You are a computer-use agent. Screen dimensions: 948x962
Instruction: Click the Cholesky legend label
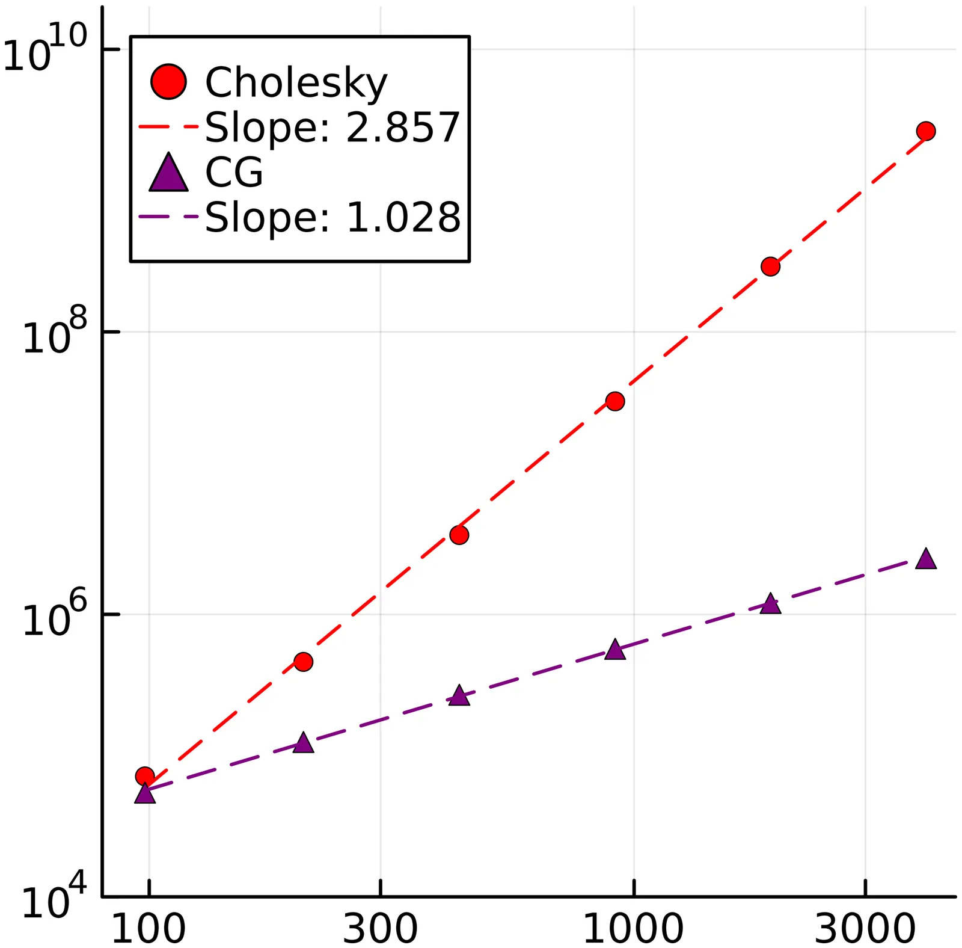tap(296, 82)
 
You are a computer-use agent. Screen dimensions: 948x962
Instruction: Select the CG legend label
tap(234, 173)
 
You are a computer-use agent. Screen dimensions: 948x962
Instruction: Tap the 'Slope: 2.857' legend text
tap(332, 128)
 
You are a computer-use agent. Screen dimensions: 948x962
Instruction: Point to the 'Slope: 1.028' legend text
tap(332, 217)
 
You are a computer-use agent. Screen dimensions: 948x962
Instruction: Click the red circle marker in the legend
tap(168, 81)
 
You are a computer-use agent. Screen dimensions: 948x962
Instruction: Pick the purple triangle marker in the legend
tap(168, 173)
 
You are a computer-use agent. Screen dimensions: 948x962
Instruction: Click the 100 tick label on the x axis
tap(149, 928)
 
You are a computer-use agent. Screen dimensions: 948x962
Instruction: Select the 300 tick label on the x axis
tap(380, 928)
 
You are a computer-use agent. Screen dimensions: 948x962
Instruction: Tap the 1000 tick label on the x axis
tap(633, 928)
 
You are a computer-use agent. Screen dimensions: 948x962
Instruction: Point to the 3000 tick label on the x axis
tap(865, 928)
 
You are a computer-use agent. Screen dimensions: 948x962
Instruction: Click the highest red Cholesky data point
tap(926, 131)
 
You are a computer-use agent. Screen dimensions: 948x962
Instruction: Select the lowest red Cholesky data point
tap(145, 776)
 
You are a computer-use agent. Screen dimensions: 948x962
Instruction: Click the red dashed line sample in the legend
tap(168, 127)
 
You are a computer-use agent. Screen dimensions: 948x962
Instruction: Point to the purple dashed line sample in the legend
tap(168, 217)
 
